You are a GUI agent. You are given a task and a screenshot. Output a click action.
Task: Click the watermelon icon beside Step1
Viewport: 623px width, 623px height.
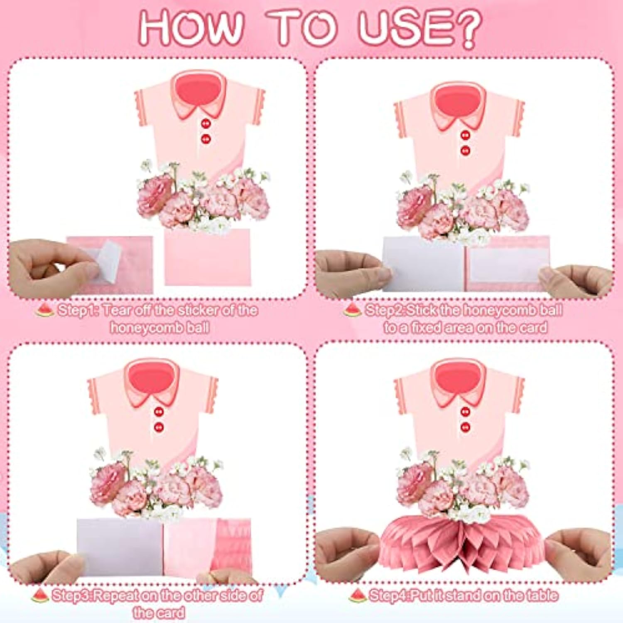(44, 310)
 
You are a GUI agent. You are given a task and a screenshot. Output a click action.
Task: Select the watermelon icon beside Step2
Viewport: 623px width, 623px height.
(352, 310)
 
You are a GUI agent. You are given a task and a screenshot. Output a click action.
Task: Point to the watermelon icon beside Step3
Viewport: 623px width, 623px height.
(40, 596)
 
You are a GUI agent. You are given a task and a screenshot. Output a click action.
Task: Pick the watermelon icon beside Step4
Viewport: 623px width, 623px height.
(357, 596)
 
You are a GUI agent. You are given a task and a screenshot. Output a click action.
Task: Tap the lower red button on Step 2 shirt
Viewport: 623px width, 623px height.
(465, 150)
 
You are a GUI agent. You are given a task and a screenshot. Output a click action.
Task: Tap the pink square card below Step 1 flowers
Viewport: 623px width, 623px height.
(207, 258)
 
